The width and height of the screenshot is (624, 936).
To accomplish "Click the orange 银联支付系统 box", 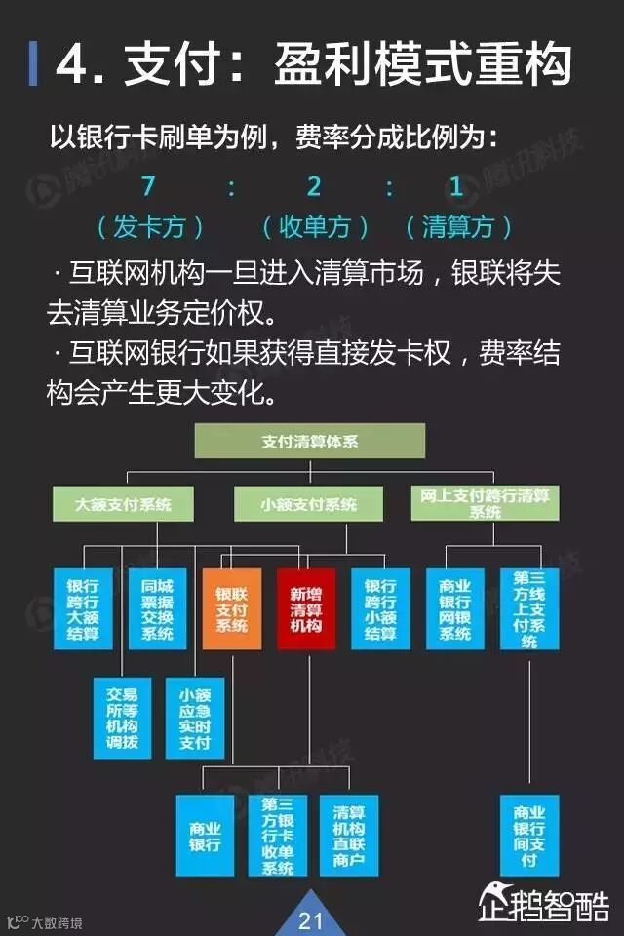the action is click(232, 608).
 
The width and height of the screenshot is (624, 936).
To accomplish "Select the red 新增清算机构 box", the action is click(305, 608).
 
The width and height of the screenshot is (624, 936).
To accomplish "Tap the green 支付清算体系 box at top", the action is click(310, 442).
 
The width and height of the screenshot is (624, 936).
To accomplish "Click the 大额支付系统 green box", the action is click(122, 504).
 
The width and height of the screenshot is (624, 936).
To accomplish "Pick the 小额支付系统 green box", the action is click(309, 504).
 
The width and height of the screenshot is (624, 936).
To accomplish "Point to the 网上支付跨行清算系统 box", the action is click(485, 503).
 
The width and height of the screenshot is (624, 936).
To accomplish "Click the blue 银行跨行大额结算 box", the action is click(83, 608).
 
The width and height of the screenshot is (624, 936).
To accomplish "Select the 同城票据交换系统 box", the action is click(157, 608).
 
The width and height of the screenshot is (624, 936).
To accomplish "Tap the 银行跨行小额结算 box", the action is click(380, 608).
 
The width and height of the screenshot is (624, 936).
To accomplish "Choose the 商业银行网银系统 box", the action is click(455, 608).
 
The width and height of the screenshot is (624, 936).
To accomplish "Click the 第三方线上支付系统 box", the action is click(529, 608).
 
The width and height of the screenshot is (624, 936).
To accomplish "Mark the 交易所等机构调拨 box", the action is click(122, 717).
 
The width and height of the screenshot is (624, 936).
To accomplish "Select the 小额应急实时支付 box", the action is click(195, 717).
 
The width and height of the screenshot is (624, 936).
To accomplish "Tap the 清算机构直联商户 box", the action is click(348, 835).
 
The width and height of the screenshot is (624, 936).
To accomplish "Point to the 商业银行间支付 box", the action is click(529, 835).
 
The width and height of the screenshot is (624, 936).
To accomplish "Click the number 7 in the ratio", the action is click(148, 185).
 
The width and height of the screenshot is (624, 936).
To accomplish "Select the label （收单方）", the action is click(315, 228).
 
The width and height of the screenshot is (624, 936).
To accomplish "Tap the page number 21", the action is click(310, 919).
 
